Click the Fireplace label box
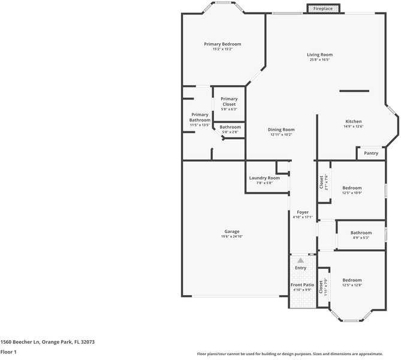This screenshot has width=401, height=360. pyautogui.click(x=323, y=8)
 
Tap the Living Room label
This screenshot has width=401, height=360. pyautogui.click(x=321, y=55)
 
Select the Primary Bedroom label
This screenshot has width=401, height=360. pyautogui.click(x=222, y=44)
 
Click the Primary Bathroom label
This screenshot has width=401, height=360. pyautogui.click(x=200, y=117)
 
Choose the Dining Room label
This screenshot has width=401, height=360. pyautogui.click(x=281, y=129)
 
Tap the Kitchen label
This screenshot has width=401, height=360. pyautogui.click(x=353, y=121)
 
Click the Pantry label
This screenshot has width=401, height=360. pyautogui.click(x=371, y=153)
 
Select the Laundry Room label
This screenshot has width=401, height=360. pyautogui.click(x=264, y=178)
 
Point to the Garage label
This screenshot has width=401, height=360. pyautogui.click(x=232, y=232)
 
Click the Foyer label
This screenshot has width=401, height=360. pyautogui.click(x=303, y=212)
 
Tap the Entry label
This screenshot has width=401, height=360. pyautogui.click(x=300, y=268)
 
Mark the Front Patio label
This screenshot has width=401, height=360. pyautogui.click(x=303, y=284)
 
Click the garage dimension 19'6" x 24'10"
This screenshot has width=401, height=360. pyautogui.click(x=232, y=237)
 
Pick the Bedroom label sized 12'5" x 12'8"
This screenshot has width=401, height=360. pyautogui.click(x=352, y=280)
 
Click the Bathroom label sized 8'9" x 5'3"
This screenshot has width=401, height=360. pyautogui.click(x=361, y=233)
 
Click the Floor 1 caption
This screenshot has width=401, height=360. pyautogui.click(x=8, y=352)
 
